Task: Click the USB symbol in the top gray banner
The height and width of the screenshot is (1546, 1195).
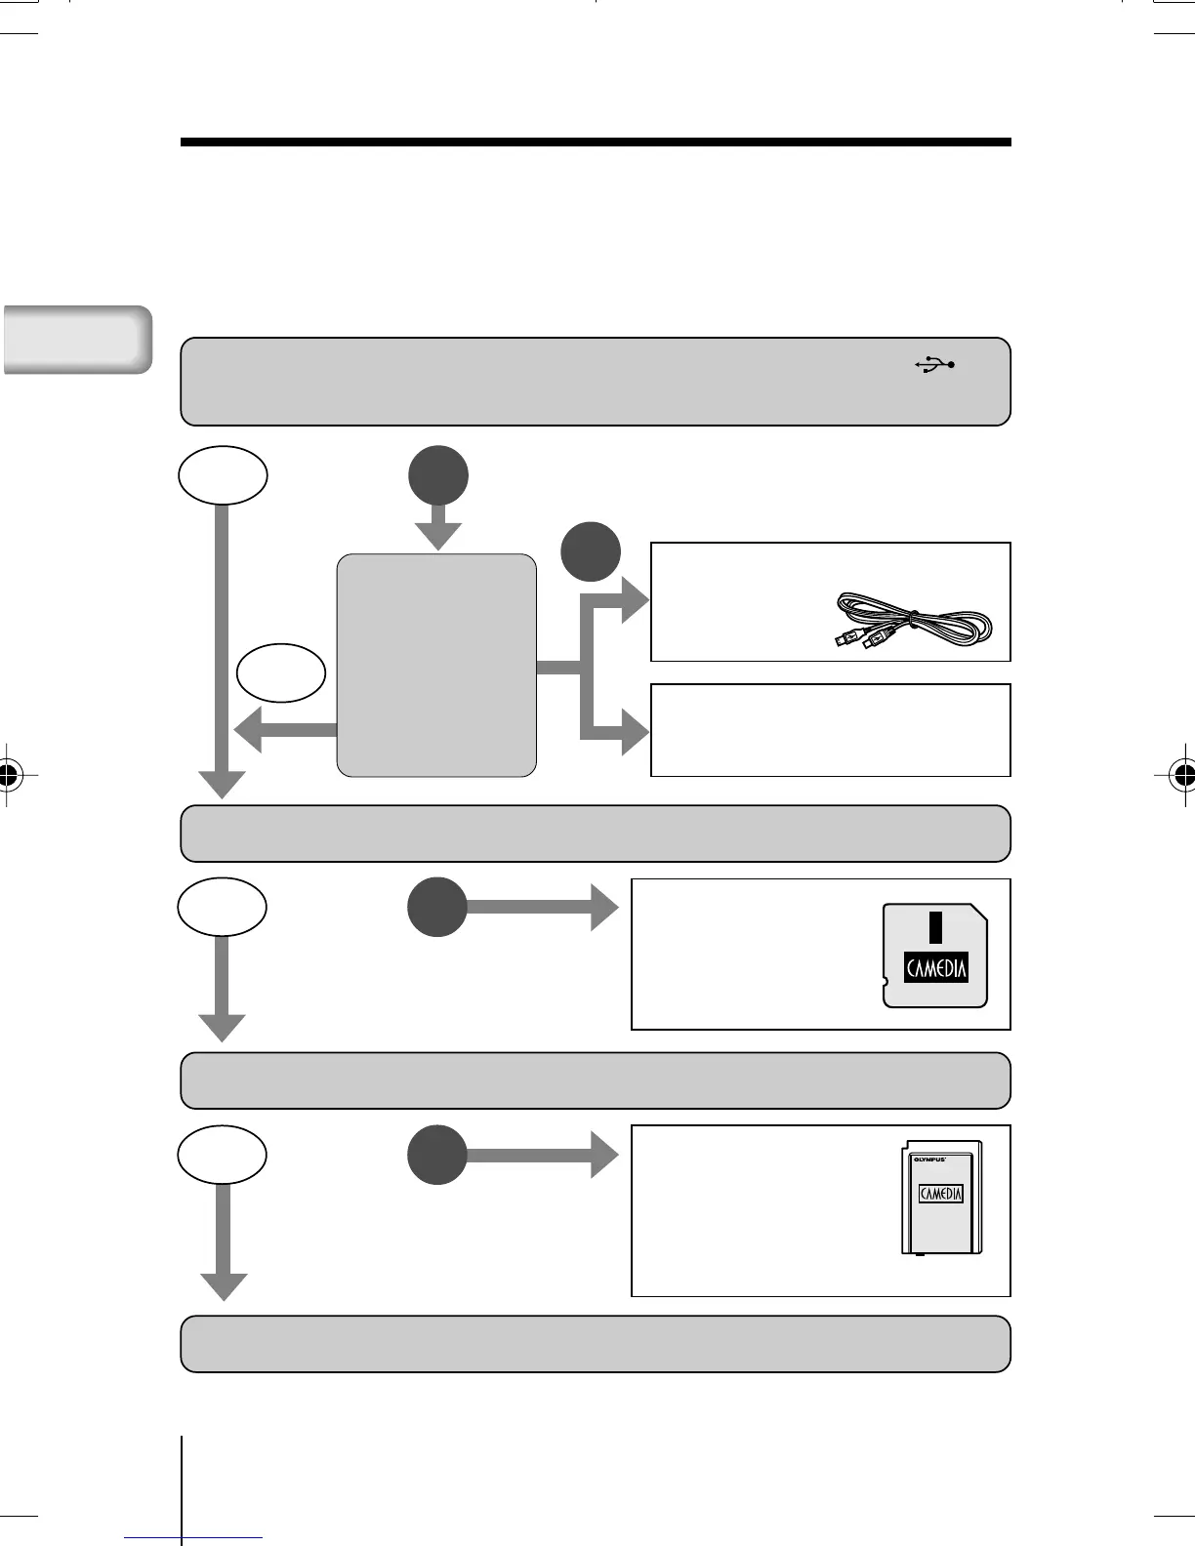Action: pos(935,365)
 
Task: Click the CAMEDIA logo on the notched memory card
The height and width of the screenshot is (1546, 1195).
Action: pos(936,967)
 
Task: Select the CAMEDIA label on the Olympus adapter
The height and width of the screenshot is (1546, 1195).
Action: pos(941,1194)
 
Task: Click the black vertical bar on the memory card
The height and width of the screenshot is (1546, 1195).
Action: pos(934,927)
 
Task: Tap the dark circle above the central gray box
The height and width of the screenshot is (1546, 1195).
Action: pos(437,475)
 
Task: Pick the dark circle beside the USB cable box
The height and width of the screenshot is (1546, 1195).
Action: pos(591,551)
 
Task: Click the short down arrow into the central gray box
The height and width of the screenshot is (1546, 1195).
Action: pos(438,528)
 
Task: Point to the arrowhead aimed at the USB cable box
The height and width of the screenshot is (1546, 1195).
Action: pos(633,599)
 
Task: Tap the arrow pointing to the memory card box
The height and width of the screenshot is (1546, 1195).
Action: pos(542,908)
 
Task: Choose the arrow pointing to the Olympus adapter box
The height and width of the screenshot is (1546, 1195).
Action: pos(542,1156)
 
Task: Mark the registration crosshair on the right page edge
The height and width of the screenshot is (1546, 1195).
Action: pos(1184,776)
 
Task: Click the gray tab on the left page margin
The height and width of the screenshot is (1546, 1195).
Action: pos(77,339)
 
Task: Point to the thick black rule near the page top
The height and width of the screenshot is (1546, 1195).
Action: pos(596,142)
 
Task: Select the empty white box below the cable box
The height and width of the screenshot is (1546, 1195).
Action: pos(830,730)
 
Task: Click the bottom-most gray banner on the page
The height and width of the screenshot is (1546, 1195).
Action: pos(596,1344)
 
